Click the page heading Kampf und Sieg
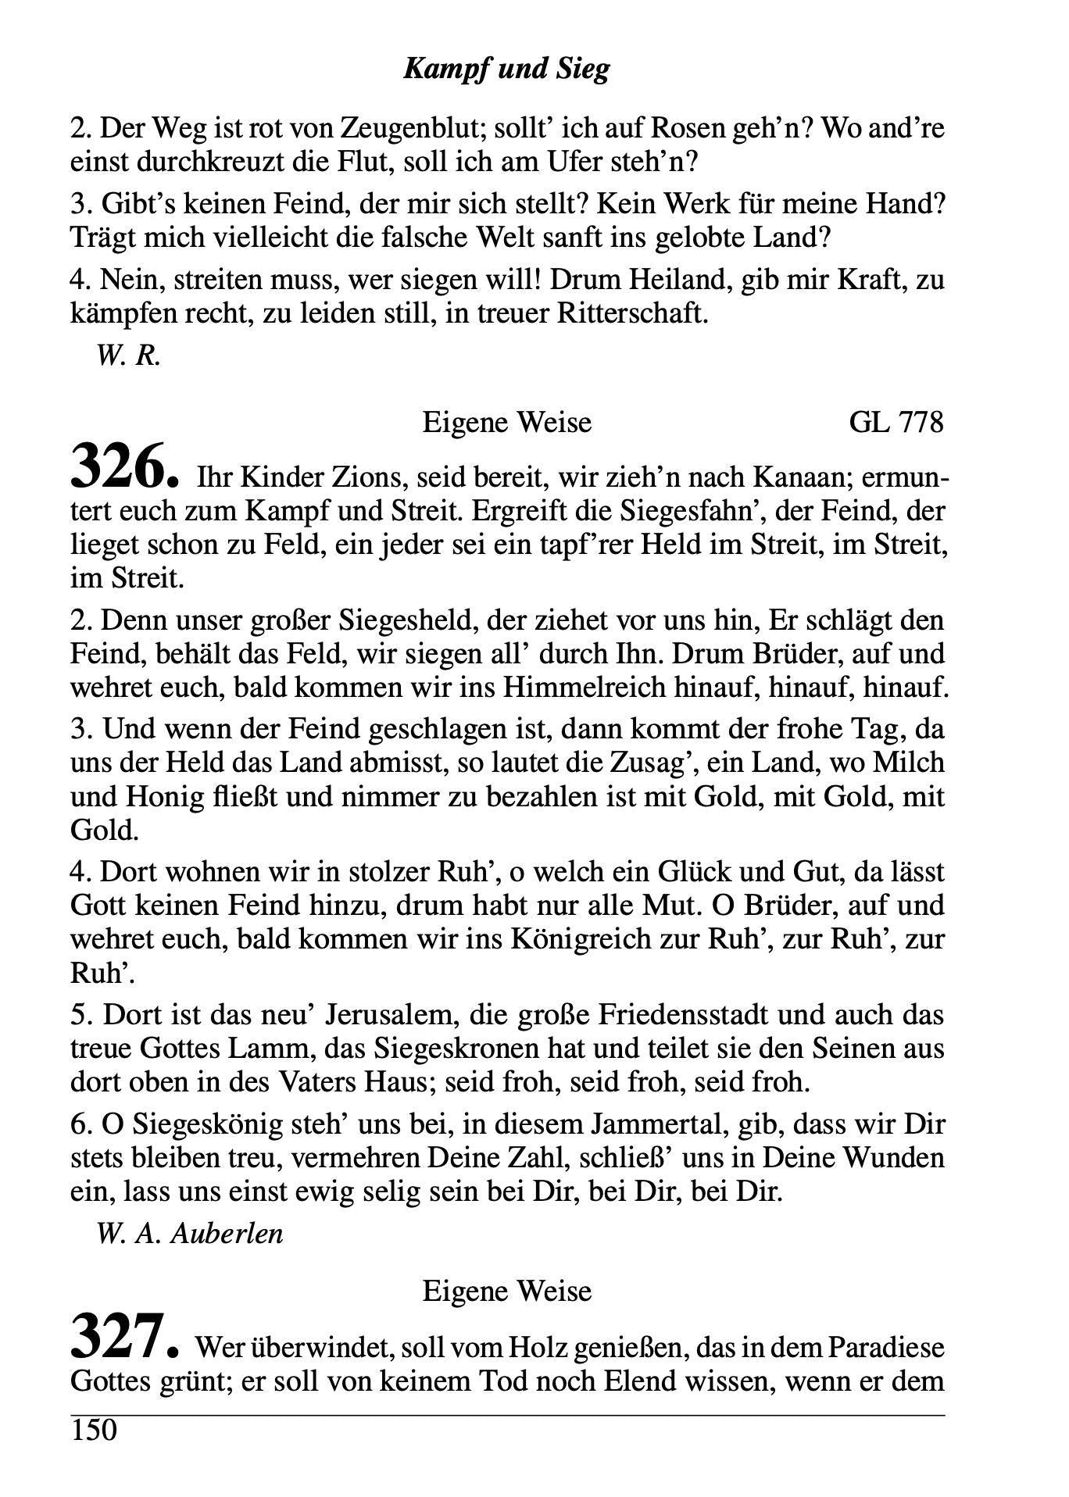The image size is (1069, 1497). tap(506, 70)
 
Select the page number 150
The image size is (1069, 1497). tap(93, 1431)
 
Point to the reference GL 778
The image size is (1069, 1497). tap(896, 423)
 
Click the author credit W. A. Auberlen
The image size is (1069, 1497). tap(189, 1234)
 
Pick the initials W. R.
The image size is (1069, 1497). tap(129, 356)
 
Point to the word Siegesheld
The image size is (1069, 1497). tap(406, 620)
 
